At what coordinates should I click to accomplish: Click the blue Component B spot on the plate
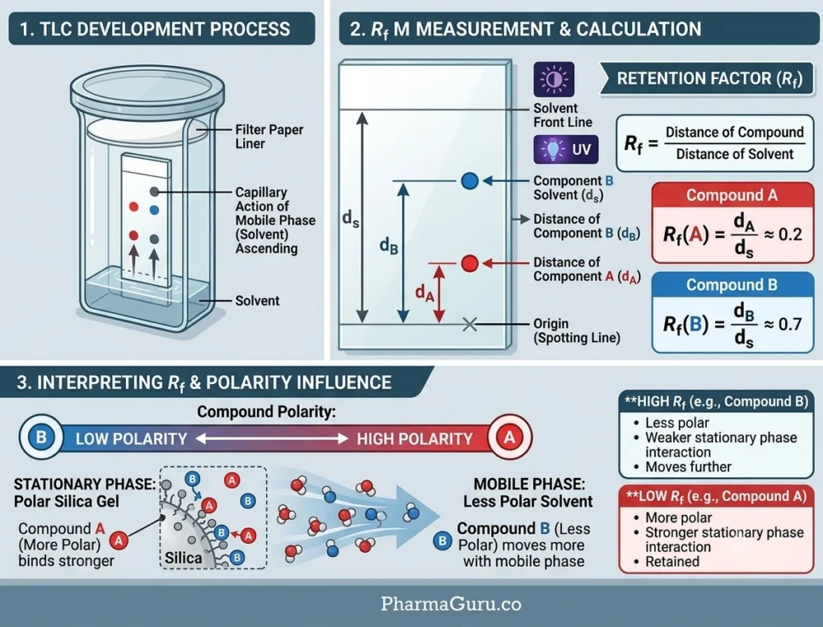coord(470,181)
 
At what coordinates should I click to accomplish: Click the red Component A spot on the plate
coord(470,262)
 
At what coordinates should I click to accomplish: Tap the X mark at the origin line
coord(470,324)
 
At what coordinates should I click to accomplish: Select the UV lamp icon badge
coord(566,150)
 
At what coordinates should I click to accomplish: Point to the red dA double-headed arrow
coord(439,293)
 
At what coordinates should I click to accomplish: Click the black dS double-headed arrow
coord(362,217)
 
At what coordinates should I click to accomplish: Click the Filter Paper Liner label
coord(269,137)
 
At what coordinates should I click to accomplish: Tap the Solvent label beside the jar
coord(257,300)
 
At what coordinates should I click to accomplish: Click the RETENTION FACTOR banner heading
coord(709,79)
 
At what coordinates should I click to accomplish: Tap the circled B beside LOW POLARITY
coord(41,437)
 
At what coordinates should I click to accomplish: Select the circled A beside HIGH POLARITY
coord(509,437)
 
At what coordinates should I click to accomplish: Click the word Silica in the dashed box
coord(184,557)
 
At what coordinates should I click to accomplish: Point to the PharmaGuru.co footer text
coord(451,604)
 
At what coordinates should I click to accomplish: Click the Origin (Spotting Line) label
coord(577,331)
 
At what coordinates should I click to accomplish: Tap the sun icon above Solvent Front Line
coord(554,79)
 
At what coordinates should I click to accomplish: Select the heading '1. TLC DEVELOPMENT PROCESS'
coord(155,29)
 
